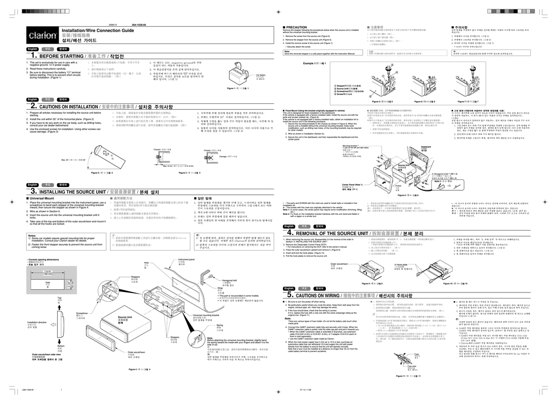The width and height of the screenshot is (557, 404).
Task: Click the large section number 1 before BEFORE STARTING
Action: pos(35,56)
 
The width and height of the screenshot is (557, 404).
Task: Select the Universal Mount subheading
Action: pos(42,199)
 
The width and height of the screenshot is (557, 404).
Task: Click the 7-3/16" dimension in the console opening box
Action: pos(48,270)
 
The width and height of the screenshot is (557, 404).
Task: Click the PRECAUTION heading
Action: pos(297,27)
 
